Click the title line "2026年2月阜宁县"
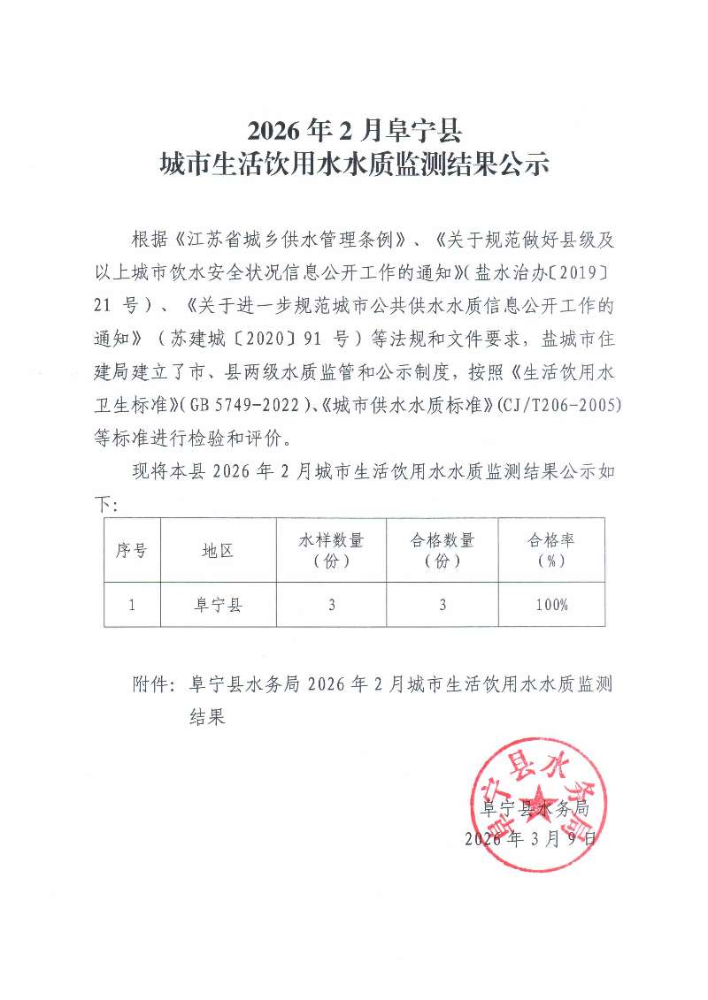pos(354,130)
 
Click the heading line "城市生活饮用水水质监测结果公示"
pos(354,165)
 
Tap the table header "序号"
pos(131,550)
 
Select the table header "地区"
pos(218,550)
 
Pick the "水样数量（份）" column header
pos(331,550)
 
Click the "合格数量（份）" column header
pos(442,550)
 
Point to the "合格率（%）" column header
pos(551,550)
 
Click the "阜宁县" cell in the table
pos(218,606)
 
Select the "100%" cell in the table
pos(551,606)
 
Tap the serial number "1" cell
pos(131,606)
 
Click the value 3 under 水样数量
pos(331,606)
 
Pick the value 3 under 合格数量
pos(442,606)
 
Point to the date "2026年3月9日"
pos(531,838)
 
